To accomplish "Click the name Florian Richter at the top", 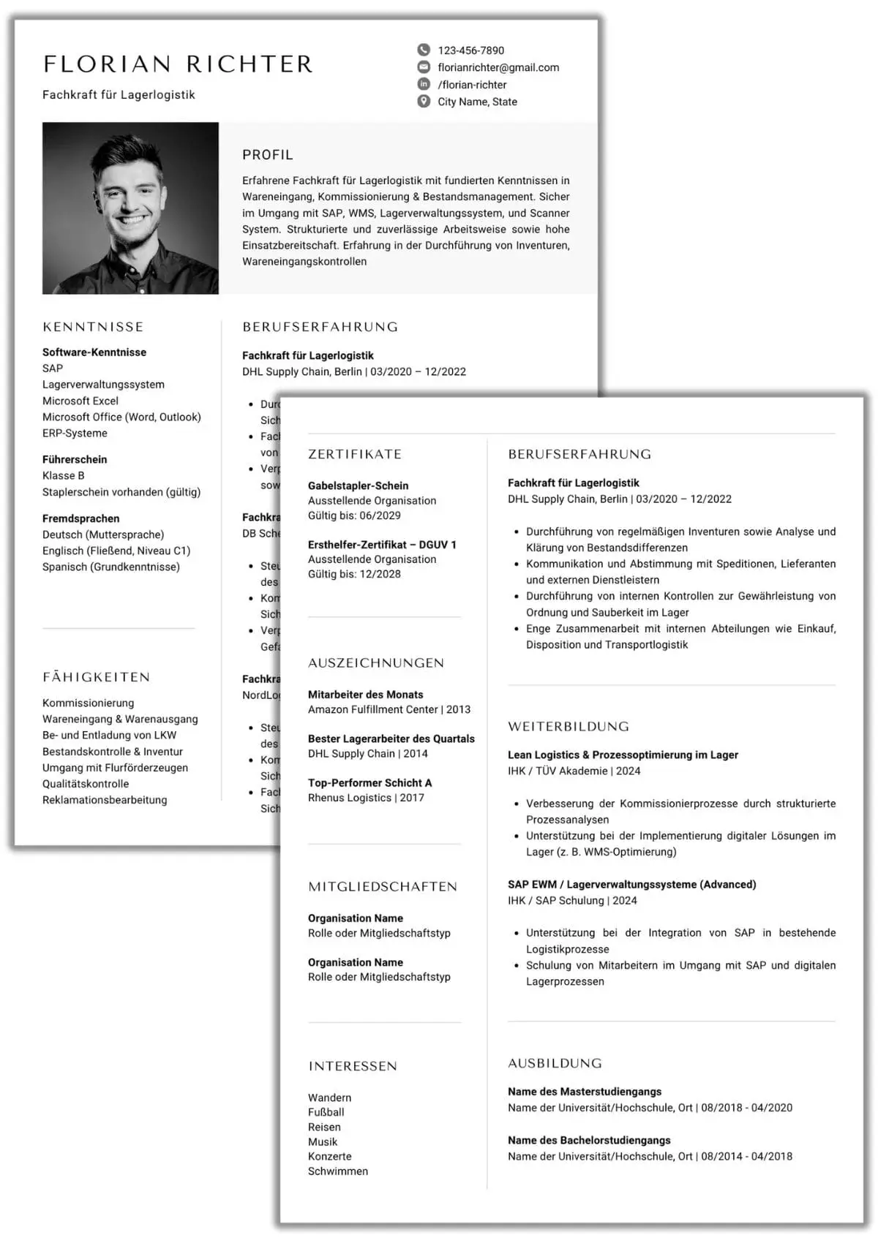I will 178,64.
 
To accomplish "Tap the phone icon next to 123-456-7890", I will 424,50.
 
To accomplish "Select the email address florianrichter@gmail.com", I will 498,67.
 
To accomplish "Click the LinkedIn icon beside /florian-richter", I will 424,84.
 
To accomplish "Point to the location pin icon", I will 424,101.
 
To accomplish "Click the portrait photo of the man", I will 130,208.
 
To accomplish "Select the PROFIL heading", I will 268,155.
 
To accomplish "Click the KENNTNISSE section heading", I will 93,327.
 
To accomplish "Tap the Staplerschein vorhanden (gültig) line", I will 121,492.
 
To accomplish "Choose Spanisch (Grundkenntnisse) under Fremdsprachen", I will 111,567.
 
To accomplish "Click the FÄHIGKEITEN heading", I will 96,677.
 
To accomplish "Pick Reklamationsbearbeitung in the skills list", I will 105,800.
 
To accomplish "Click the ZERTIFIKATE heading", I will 355,454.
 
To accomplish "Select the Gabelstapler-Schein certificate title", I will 359,486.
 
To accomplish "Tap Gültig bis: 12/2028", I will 354,574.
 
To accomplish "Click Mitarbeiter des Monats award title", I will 366,695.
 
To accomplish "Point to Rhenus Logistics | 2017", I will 366,798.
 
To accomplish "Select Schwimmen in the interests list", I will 338,1171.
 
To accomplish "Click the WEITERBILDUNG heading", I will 569,727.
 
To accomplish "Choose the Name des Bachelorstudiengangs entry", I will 589,1141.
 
